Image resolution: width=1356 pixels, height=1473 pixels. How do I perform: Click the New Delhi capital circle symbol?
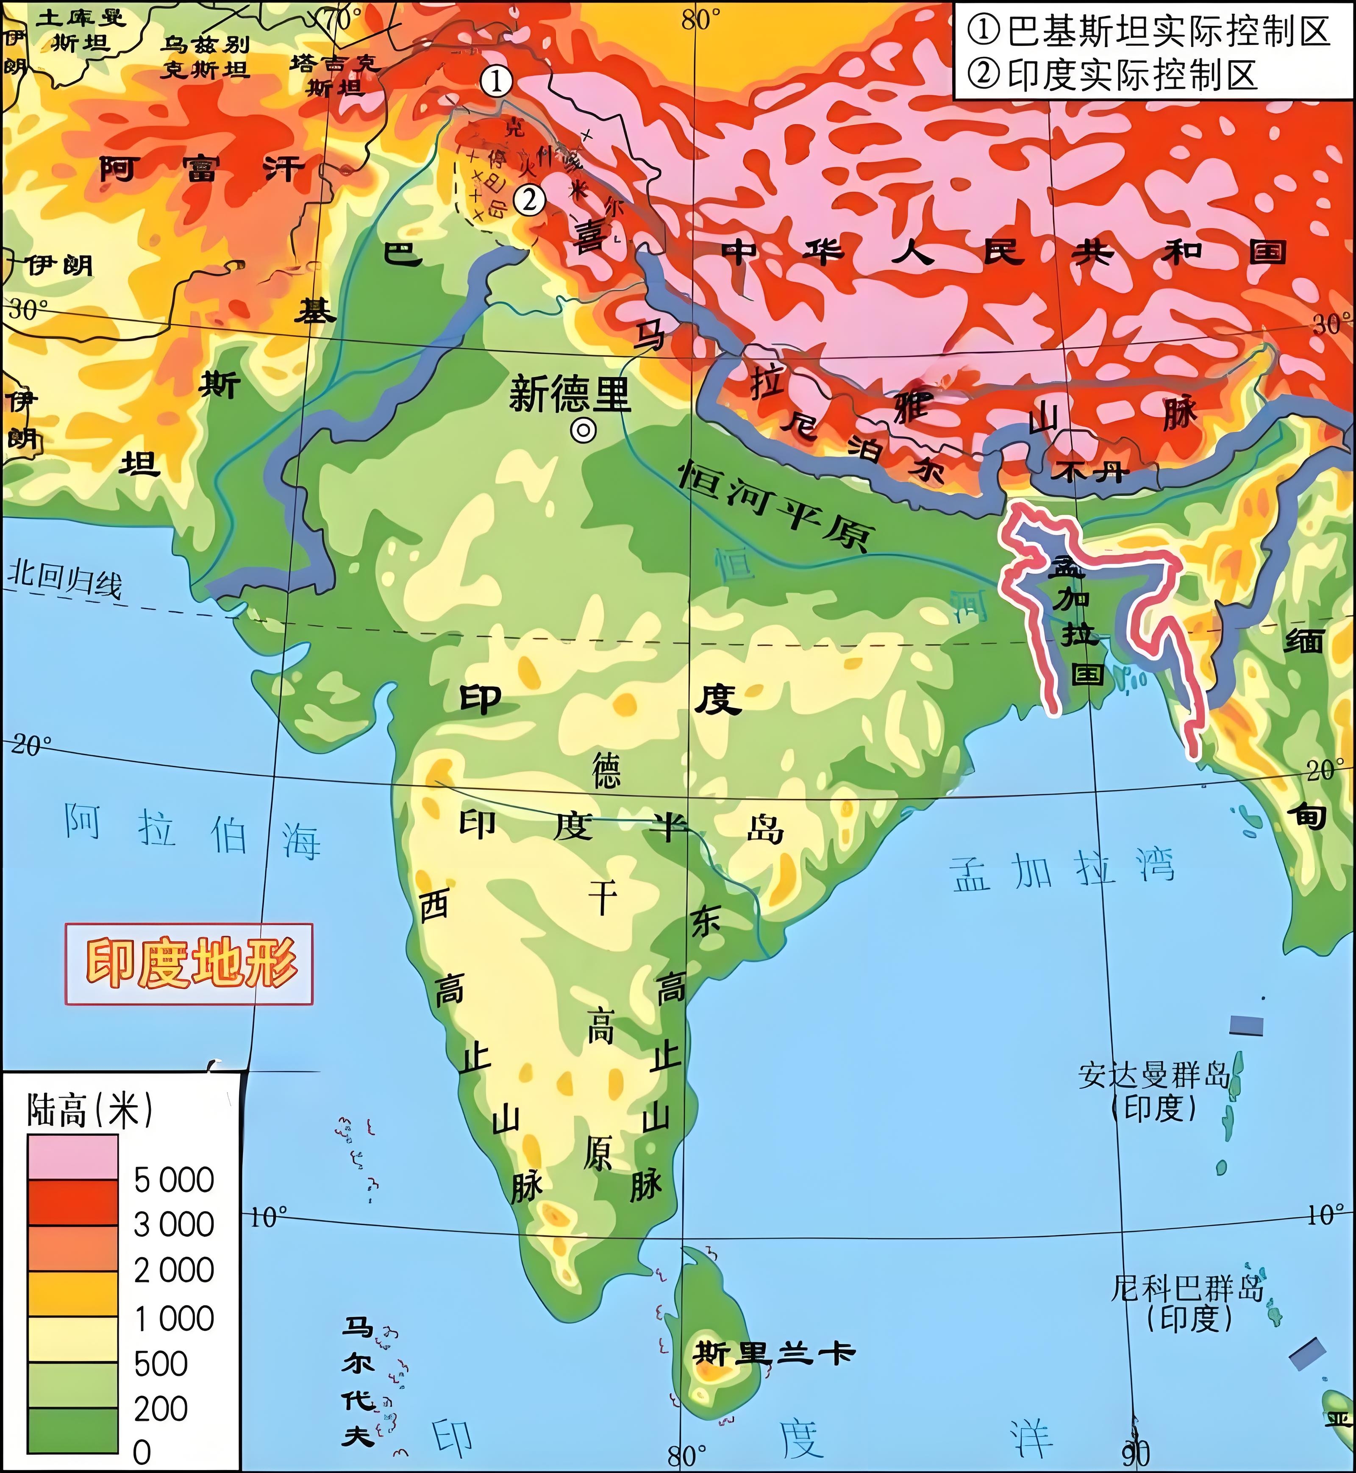click(x=584, y=431)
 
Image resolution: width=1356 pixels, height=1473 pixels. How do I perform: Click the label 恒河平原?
click(x=774, y=506)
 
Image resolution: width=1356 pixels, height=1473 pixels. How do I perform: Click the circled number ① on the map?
click(x=497, y=81)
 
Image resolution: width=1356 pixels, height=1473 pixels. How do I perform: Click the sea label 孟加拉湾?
click(x=1062, y=870)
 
